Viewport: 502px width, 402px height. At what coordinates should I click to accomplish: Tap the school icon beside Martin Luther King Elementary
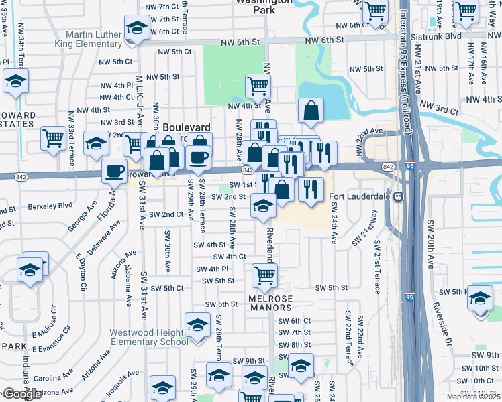pos(137,29)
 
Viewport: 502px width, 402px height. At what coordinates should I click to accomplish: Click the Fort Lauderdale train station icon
pos(397,198)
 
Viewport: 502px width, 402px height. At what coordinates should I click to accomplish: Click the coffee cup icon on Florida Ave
pos(115,171)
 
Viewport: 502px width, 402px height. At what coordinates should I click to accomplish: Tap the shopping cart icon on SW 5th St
pos(265,274)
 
